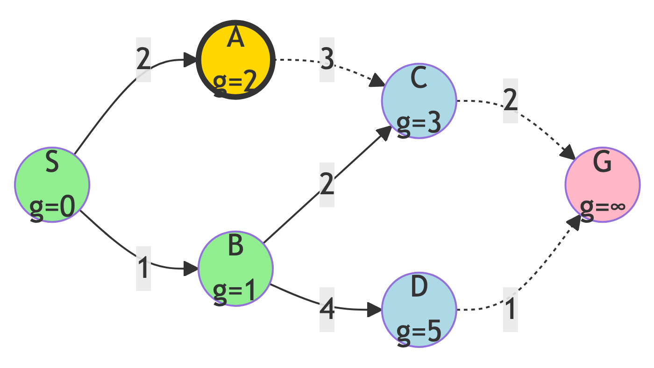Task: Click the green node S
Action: coord(52,184)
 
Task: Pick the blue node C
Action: coord(419,101)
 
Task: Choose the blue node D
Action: coord(419,310)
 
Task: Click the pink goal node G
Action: coord(603,184)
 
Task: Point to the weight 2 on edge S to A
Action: coord(143,60)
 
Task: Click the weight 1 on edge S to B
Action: coord(143,268)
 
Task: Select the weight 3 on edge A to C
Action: coord(327,60)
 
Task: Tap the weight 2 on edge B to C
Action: coord(327,184)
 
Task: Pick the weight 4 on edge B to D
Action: coord(327,310)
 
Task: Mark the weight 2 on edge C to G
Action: coord(511,101)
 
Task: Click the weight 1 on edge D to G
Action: coord(511,310)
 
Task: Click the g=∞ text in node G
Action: coord(603,205)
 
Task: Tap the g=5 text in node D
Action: coord(419,332)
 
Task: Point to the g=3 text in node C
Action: coord(419,124)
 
